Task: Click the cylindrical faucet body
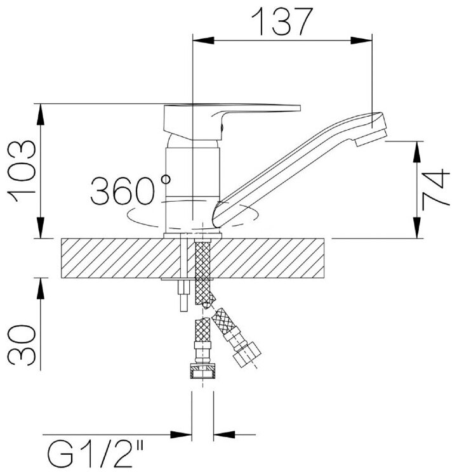pos(192,184)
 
